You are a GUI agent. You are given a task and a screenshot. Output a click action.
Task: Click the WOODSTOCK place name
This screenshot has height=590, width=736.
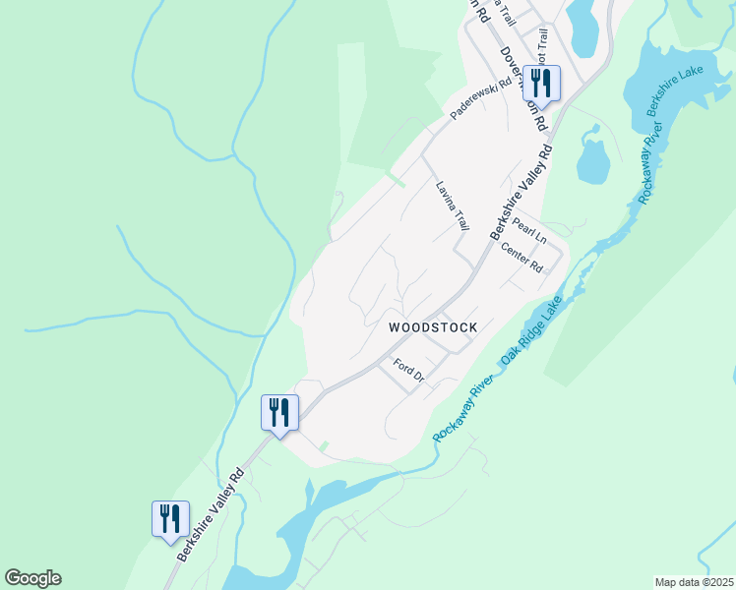pos(433,327)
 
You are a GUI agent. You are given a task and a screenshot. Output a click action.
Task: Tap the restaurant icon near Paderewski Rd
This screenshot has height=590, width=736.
pos(541,82)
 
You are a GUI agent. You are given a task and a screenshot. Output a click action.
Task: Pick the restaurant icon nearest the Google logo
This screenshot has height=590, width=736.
pos(170,518)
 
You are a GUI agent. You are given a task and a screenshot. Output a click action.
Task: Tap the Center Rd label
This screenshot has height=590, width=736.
pos(521,259)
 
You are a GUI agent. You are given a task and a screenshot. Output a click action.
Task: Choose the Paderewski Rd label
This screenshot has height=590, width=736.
pos(481,99)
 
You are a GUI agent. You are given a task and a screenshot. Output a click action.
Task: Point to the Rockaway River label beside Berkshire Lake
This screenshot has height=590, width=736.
pos(651,163)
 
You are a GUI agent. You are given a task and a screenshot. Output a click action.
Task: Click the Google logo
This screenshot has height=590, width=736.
pos(32,578)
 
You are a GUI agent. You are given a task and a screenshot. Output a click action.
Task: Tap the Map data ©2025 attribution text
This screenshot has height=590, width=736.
pos(694,582)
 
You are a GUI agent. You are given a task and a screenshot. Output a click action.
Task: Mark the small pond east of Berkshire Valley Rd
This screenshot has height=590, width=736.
pos(591,162)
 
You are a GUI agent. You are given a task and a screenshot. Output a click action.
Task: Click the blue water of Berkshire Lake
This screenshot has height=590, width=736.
pos(679,69)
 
